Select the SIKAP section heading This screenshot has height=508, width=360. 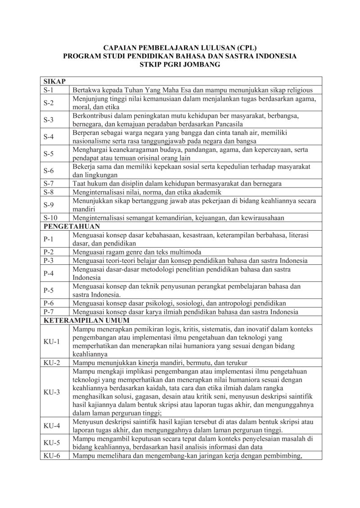(x=54, y=81)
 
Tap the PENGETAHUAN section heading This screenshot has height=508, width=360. (x=72, y=226)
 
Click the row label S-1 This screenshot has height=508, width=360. (x=48, y=89)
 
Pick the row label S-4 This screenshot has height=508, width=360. (x=49, y=137)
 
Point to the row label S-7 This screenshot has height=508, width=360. (x=49, y=183)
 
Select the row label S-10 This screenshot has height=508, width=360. (x=50, y=218)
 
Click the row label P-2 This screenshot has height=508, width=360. (x=49, y=252)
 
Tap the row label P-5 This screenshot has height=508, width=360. (x=49, y=290)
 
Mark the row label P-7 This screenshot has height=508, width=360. (x=49, y=312)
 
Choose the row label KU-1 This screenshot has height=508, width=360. (x=51, y=342)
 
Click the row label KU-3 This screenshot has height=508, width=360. (x=51, y=392)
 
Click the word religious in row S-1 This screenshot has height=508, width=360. (x=304, y=89)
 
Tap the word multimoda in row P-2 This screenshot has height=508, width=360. (x=186, y=252)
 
